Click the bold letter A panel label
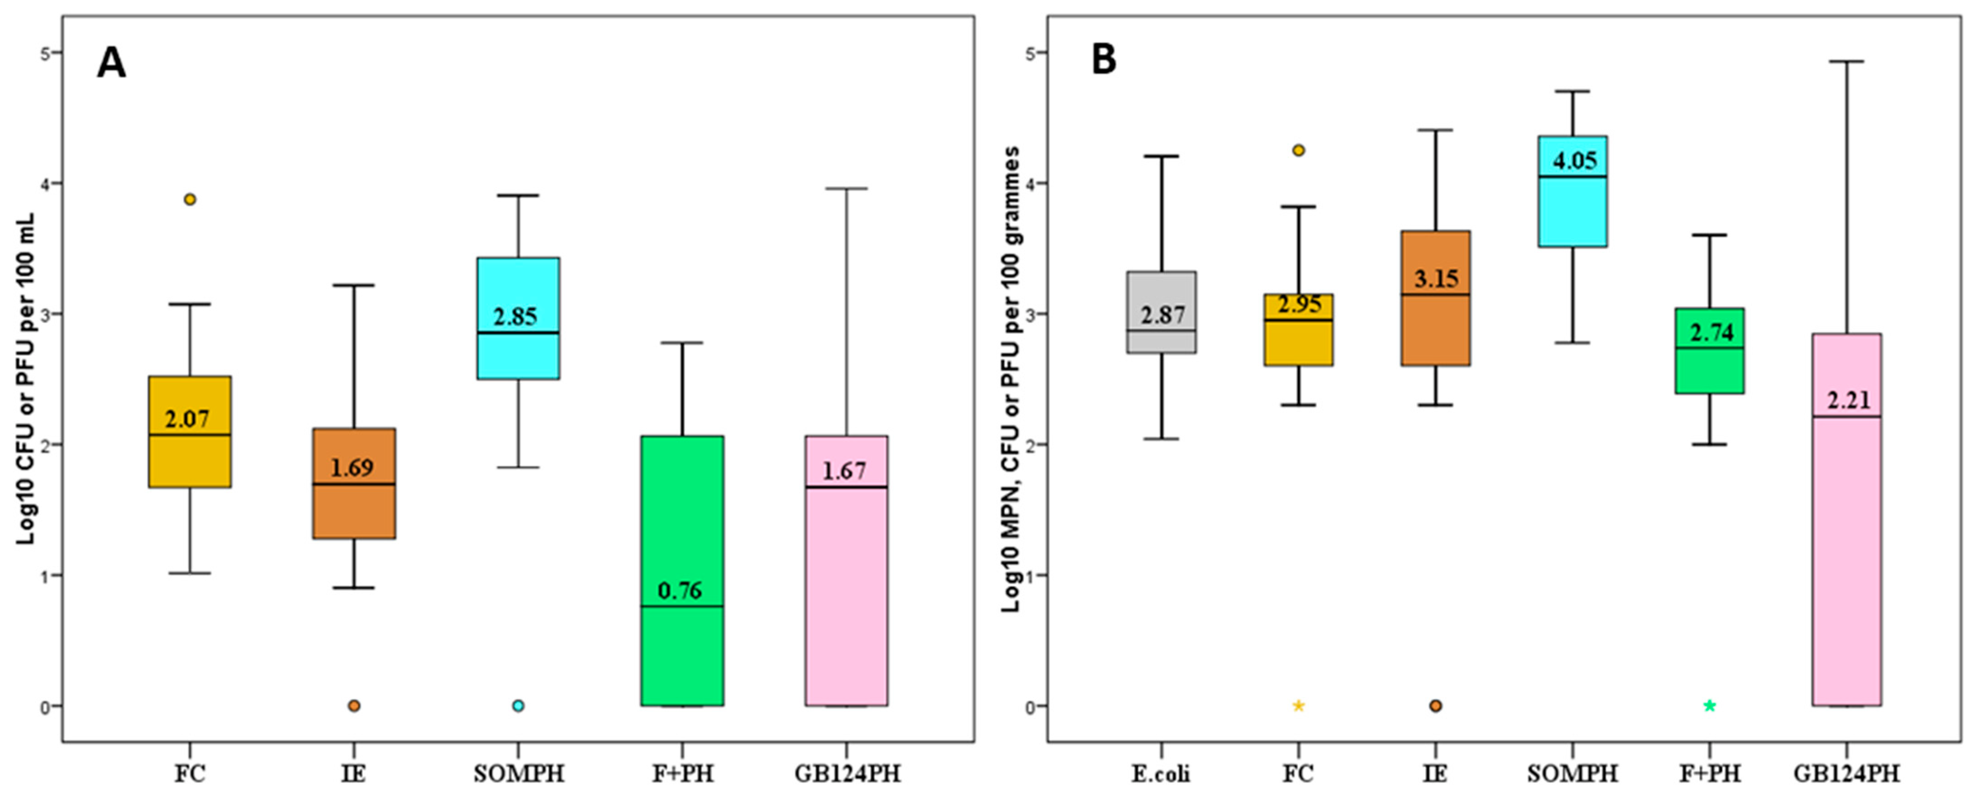[111, 63]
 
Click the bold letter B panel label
[1103, 60]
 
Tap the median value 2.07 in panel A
[187, 419]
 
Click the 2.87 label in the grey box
[1162, 315]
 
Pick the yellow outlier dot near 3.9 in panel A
[190, 200]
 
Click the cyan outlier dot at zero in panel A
[518, 706]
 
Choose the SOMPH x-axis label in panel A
[518, 774]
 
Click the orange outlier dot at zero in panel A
[354, 706]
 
